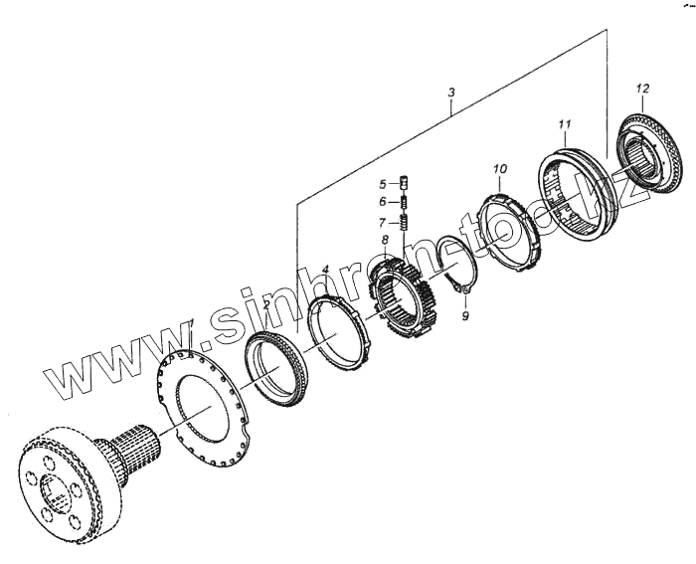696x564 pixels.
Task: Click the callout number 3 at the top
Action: [x=451, y=94]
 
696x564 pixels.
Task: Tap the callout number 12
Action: [x=642, y=90]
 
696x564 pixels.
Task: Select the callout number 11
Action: [x=564, y=124]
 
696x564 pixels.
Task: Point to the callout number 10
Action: [x=499, y=170]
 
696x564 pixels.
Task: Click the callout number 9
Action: [x=466, y=316]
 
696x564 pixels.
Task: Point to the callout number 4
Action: [x=326, y=269]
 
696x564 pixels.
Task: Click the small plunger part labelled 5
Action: [x=405, y=182]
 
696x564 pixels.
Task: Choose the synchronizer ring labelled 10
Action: [x=509, y=230]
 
